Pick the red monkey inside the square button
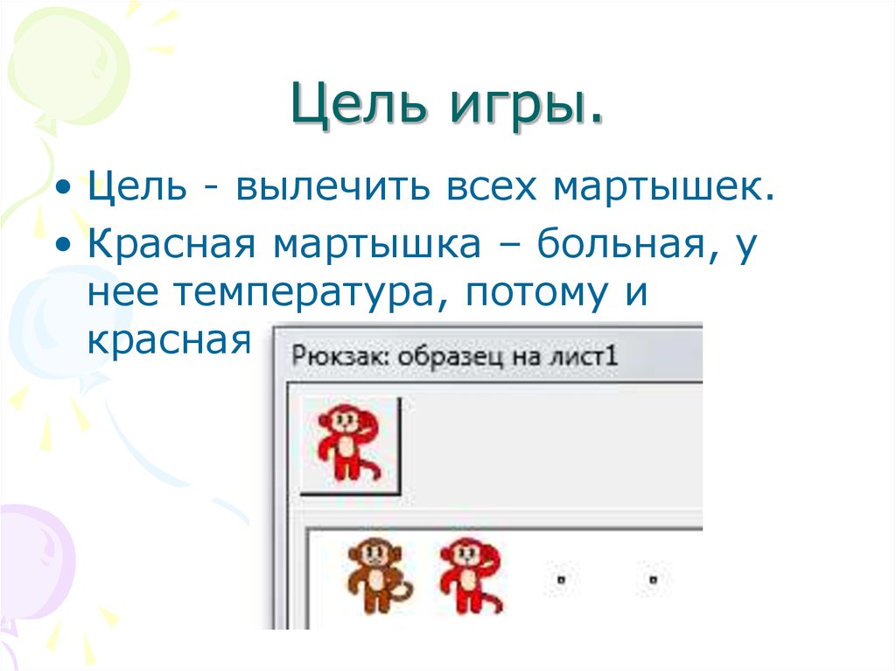[x=347, y=442]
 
